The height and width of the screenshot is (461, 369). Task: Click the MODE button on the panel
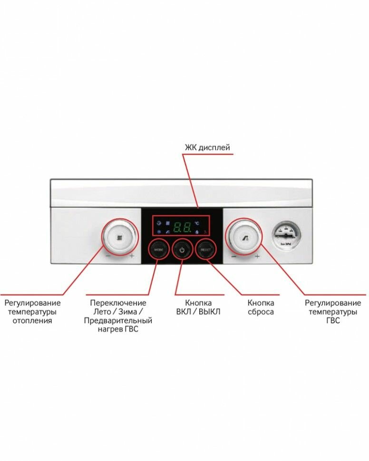coord(158,249)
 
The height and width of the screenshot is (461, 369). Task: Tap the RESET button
coord(205,249)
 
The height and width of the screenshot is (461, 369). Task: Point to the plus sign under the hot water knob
coord(257,257)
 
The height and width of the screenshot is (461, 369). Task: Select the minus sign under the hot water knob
coord(234,257)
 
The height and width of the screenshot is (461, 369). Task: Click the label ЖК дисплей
coord(207,148)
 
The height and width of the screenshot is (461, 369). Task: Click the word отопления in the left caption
coord(32,321)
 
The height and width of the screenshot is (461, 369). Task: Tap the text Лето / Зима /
coord(117,312)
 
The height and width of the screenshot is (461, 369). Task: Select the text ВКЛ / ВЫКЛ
coord(198,312)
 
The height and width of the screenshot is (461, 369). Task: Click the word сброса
coord(261,312)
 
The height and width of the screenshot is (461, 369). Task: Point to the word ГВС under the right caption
coord(333,321)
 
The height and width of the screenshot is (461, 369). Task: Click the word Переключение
coord(118,303)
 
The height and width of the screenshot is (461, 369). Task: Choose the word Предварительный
coord(118,321)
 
